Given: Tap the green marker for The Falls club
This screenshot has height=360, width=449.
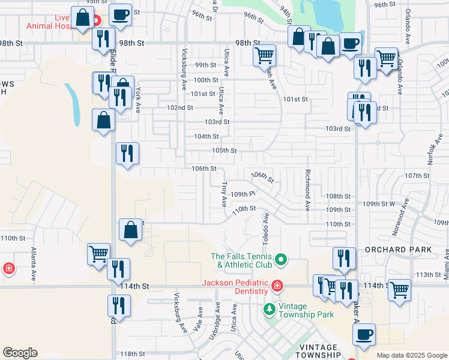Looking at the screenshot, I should (280, 260).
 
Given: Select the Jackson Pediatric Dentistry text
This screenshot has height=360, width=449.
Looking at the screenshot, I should (234, 287).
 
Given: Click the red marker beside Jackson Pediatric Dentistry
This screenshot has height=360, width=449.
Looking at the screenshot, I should (277, 286).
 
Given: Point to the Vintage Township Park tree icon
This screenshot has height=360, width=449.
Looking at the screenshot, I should (270, 310).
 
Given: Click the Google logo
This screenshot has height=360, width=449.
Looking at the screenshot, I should (20, 353).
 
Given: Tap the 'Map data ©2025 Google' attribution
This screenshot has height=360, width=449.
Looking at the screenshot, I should (412, 355).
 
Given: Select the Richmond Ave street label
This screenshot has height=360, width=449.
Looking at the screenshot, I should (308, 190).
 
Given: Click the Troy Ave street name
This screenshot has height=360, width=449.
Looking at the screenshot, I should (224, 195).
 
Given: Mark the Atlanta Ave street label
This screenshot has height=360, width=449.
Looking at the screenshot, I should (34, 265).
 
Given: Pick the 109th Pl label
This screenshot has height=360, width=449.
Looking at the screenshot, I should (243, 194).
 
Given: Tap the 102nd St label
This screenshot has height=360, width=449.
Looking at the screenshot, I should (179, 107).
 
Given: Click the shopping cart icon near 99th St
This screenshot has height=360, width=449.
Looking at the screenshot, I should (264, 56).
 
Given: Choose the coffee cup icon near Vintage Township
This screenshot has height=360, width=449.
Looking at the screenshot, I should (363, 335).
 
